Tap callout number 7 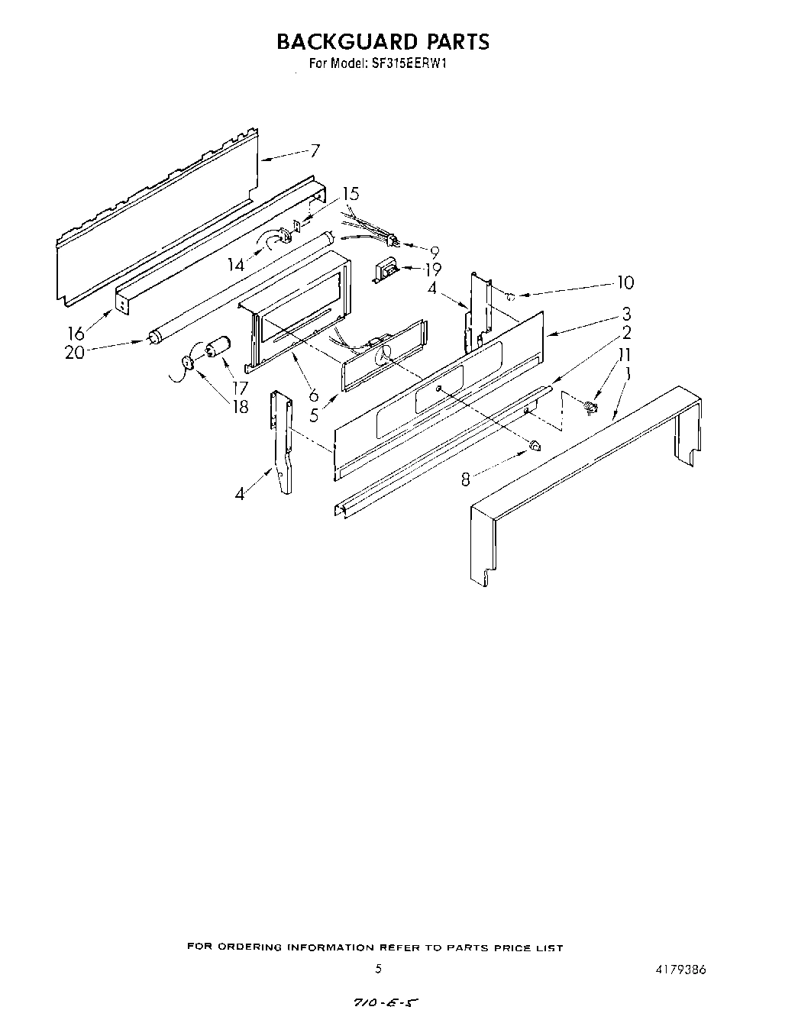[x=315, y=150]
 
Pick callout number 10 [x=625, y=282]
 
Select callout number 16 [x=76, y=333]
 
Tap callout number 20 [x=74, y=353]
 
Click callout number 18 [x=240, y=407]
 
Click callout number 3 [x=625, y=313]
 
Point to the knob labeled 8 [x=535, y=444]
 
